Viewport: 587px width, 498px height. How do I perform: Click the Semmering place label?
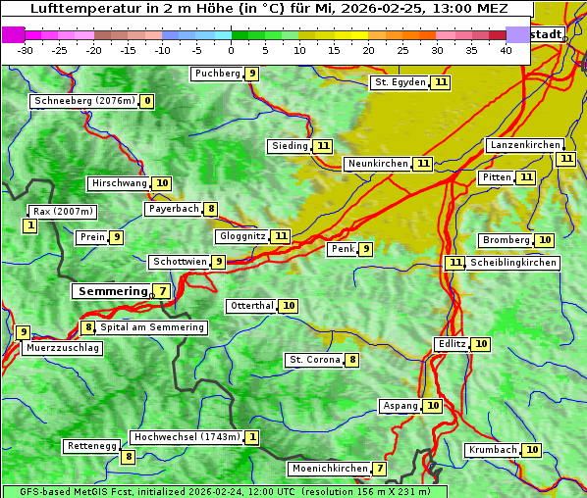coord(110,291)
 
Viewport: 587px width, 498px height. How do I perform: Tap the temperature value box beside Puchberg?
coord(252,74)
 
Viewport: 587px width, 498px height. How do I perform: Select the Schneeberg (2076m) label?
coord(83,101)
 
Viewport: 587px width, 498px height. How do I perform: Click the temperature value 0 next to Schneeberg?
coord(147,101)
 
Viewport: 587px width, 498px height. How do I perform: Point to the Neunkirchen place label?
coord(377,164)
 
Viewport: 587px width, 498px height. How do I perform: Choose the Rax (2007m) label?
coord(63,211)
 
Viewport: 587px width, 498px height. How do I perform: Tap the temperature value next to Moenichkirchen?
coord(380,469)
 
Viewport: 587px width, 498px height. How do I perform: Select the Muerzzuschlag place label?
coord(63,348)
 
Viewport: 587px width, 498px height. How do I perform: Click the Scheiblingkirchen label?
coord(513,263)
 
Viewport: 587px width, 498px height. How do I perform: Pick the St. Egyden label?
coord(400,82)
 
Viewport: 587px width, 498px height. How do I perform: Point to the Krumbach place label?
coord(492,450)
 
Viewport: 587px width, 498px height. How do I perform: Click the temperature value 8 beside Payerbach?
coord(211,209)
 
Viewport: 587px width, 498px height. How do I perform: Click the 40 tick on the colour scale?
coord(506,50)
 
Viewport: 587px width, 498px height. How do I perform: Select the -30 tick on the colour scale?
coord(26,50)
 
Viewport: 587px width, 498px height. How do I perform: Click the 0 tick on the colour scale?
coord(231,50)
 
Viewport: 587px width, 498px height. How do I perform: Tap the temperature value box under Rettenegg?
coord(128,457)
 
